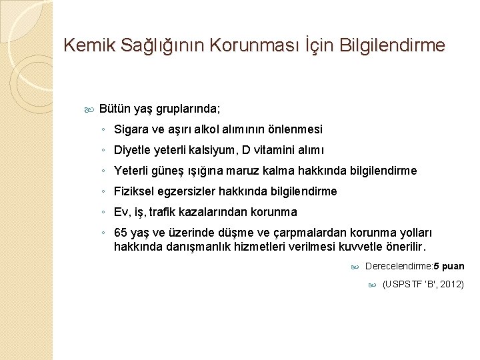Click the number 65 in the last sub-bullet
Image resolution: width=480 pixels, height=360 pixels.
tap(121, 233)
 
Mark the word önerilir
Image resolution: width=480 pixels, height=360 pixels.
tap(404, 247)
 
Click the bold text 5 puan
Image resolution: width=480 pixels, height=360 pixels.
tap(449, 267)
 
